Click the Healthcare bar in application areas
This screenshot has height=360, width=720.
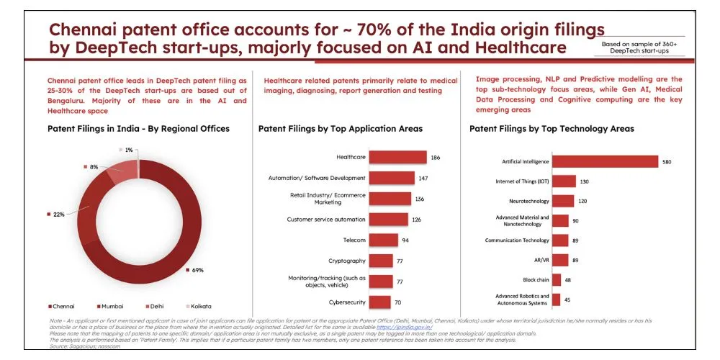pos(398,157)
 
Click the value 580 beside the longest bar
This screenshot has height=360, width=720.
pos(667,162)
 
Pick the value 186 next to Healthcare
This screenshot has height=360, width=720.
pos(435,157)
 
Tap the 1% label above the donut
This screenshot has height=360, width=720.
pos(129,150)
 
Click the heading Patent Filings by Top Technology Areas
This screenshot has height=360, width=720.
pos(551,129)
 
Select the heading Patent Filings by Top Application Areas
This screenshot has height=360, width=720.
pos(340,129)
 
